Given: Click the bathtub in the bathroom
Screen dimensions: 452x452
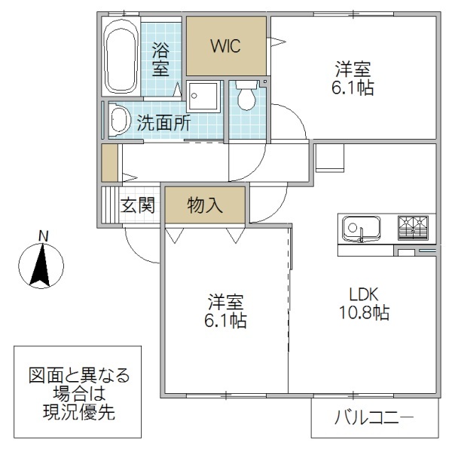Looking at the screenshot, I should pyautogui.click(x=120, y=56).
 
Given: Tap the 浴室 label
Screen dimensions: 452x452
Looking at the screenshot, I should pyautogui.click(x=160, y=60).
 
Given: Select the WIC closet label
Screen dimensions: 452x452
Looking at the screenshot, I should pyautogui.click(x=224, y=46).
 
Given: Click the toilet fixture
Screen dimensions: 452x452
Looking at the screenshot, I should pyautogui.click(x=246, y=96).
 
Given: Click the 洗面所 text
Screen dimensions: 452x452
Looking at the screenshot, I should pyautogui.click(x=163, y=123).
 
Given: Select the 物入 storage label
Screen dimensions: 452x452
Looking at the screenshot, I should pyautogui.click(x=205, y=205).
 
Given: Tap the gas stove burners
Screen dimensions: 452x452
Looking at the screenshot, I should pyautogui.click(x=414, y=226).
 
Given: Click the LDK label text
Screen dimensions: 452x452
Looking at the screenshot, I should pyautogui.click(x=362, y=294).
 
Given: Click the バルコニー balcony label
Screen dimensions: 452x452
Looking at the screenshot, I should pyautogui.click(x=374, y=416).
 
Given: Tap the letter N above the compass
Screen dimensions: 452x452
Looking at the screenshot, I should pyautogui.click(x=44, y=235).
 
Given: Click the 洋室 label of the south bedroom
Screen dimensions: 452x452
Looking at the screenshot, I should pyautogui.click(x=226, y=302).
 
